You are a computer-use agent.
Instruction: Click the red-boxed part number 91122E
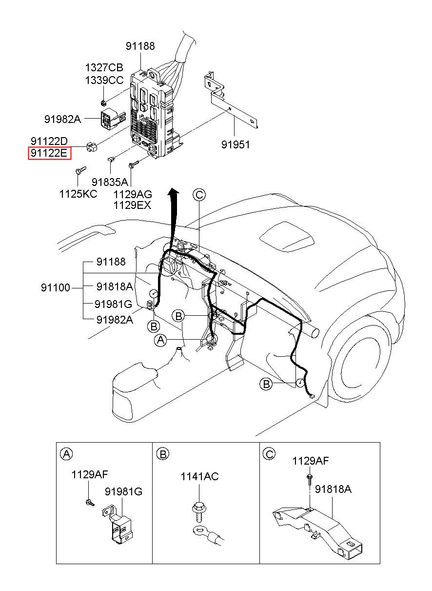pyautogui.click(x=49, y=153)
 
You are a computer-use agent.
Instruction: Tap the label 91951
pyautogui.click(x=235, y=144)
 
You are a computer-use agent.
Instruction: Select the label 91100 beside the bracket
pyautogui.click(x=56, y=287)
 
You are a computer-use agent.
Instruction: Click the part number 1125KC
pyautogui.click(x=78, y=194)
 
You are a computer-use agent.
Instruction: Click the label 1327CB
pyautogui.click(x=104, y=67)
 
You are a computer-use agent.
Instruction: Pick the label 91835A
pyautogui.click(x=110, y=182)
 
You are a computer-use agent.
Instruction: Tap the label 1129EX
pyautogui.click(x=132, y=205)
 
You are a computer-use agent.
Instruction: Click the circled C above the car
pyautogui.click(x=199, y=195)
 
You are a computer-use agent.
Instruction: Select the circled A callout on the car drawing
pyautogui.click(x=160, y=340)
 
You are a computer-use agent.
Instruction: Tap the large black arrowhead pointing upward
pyautogui.click(x=173, y=193)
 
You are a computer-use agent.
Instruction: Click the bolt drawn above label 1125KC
pyautogui.click(x=80, y=170)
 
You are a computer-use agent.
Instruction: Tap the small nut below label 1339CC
pyautogui.click(x=103, y=102)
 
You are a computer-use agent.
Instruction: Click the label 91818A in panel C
pyautogui.click(x=333, y=489)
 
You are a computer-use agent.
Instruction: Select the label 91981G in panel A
pyautogui.click(x=124, y=491)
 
